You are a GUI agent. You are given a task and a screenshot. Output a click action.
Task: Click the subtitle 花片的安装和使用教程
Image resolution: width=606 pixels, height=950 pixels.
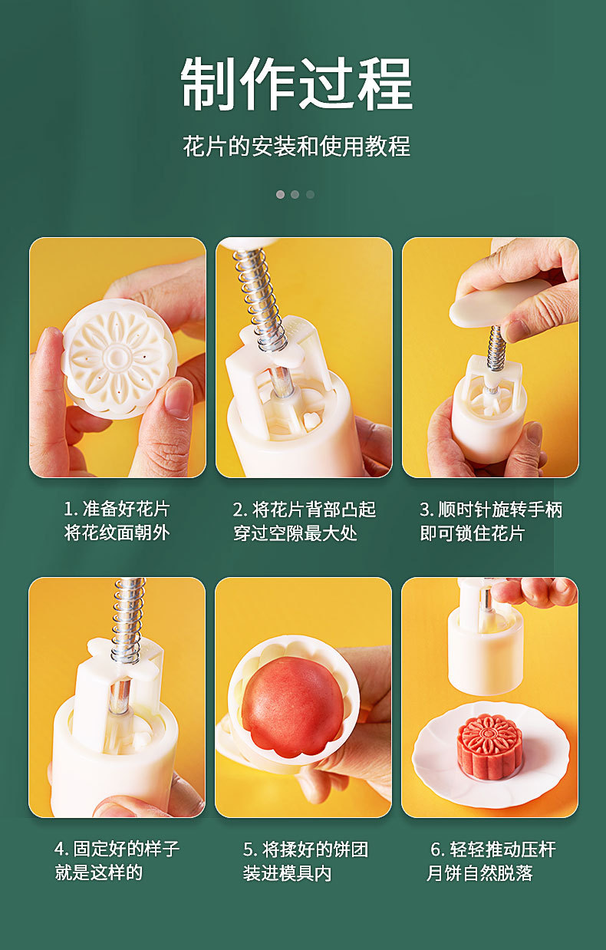pos(297,146)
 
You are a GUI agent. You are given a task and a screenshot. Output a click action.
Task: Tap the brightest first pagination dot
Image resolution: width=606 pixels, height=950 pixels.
pos(280,195)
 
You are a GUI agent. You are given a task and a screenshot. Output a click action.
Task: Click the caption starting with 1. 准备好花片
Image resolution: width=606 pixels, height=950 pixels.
pos(117,521)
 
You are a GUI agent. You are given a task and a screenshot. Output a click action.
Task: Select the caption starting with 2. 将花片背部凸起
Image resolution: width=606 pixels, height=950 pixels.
pos(304,521)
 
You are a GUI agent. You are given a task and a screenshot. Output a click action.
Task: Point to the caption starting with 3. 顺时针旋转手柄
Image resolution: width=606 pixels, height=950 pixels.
pos(491,521)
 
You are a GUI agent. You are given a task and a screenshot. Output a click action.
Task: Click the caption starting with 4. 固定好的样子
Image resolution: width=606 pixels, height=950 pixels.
pos(117,860)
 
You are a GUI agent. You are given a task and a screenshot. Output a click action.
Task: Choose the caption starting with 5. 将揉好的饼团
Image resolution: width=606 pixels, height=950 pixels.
pos(305,860)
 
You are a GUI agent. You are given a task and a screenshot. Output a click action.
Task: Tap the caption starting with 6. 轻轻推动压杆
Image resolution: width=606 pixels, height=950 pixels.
pos(491,860)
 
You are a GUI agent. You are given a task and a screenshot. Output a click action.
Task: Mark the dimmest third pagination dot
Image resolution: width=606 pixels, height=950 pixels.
pos(311,195)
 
